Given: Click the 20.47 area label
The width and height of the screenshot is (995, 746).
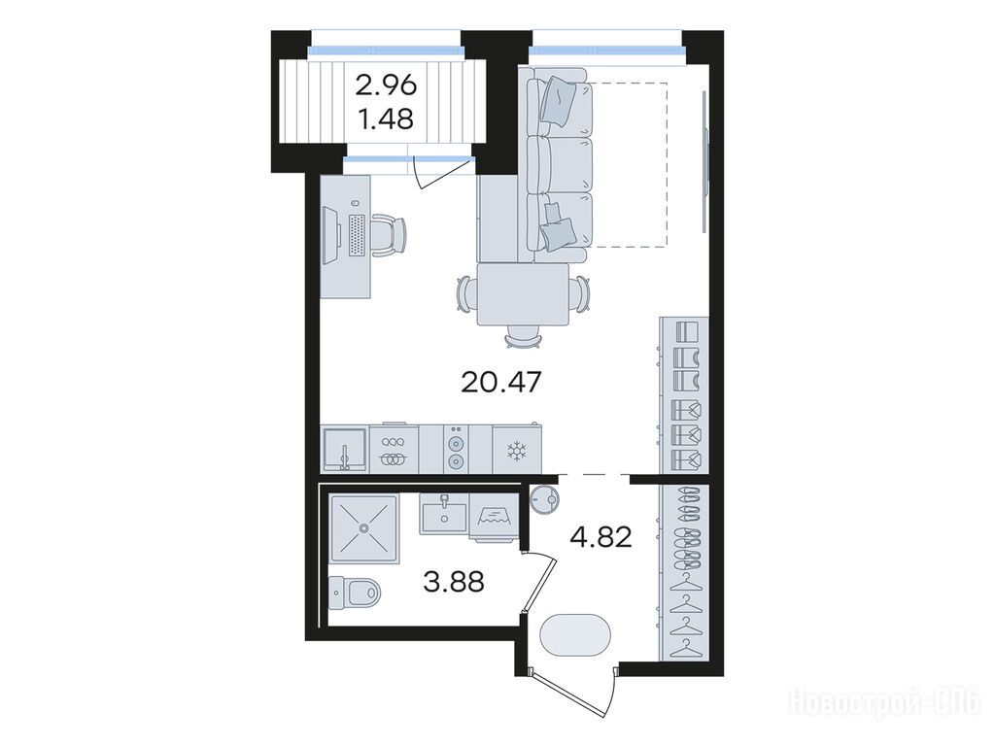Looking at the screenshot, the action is click(x=501, y=382).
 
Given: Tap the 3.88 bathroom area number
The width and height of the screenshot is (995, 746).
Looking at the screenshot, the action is click(x=454, y=581).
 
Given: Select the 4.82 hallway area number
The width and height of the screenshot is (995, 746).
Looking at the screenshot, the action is click(x=600, y=538).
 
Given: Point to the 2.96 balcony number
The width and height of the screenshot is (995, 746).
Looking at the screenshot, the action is click(x=387, y=85).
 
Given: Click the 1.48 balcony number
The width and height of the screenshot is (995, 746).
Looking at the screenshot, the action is click(x=387, y=119).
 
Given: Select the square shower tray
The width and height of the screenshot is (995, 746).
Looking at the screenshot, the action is click(x=364, y=527).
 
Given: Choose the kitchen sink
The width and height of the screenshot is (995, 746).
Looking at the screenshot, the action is click(x=345, y=450).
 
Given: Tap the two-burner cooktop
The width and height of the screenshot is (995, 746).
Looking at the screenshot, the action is click(x=455, y=449).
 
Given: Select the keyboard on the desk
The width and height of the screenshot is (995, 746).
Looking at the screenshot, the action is click(x=357, y=236).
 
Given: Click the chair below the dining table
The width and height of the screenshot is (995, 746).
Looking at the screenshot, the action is click(x=523, y=336).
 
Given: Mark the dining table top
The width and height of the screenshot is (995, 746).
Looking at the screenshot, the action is click(x=523, y=294).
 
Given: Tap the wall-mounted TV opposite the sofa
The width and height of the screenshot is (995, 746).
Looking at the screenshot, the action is click(x=705, y=162).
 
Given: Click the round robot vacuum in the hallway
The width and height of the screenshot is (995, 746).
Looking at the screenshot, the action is click(x=546, y=499).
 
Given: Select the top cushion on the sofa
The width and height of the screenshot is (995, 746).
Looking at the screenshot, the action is click(x=559, y=98).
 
